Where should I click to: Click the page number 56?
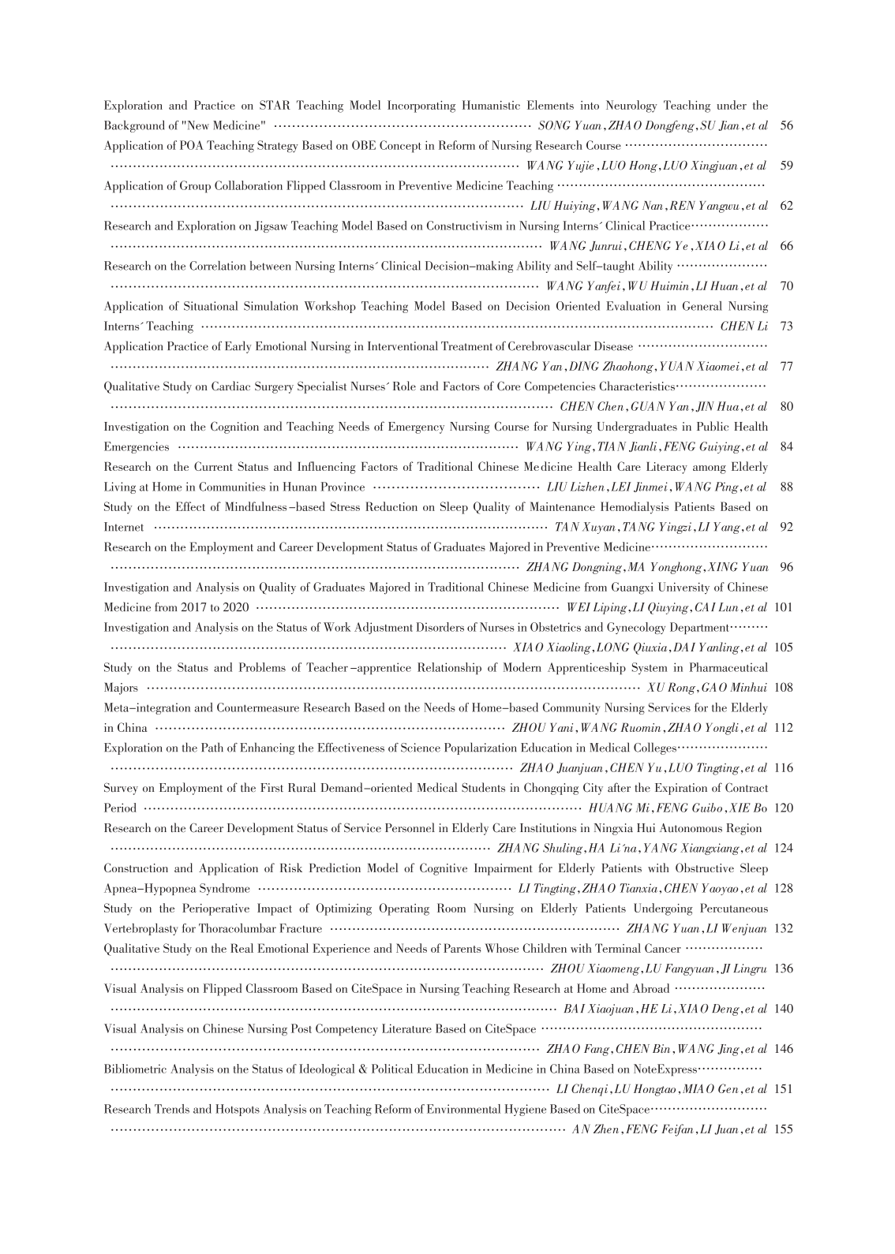[x=785, y=125]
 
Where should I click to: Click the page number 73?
[x=785, y=327]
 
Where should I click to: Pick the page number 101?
[x=783, y=607]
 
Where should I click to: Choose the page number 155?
[x=783, y=1129]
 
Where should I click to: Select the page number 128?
[x=783, y=888]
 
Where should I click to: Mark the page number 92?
[x=785, y=527]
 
